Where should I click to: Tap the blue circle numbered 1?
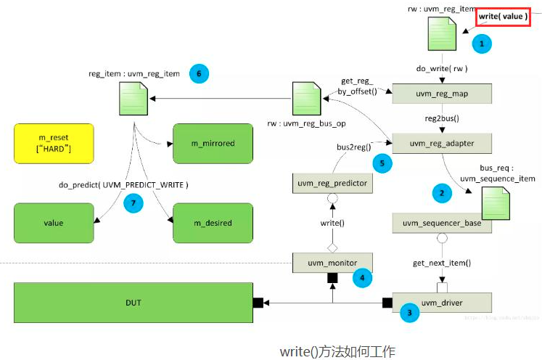coord(480,44)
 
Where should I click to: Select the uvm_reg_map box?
coord(441,94)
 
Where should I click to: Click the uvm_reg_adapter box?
coord(441,144)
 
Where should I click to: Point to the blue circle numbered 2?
coord(440,193)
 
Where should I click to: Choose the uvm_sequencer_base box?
coord(441,224)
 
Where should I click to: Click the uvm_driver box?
coord(441,303)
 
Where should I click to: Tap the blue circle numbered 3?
coord(410,314)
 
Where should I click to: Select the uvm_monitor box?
coord(334,262)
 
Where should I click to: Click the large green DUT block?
coord(133,302)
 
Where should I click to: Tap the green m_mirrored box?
coord(213,143)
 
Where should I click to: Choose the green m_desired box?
coord(213,223)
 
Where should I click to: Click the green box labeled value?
coord(54,223)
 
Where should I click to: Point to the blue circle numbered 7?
coord(132,204)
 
